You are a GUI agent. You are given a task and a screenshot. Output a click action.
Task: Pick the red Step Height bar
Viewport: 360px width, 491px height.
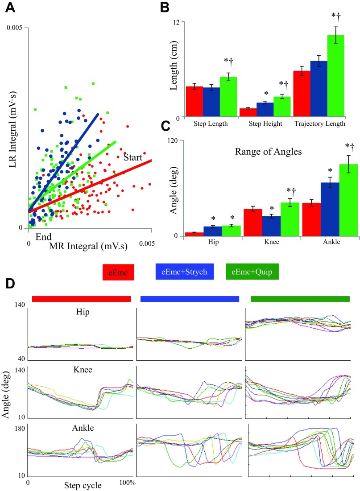tap(248, 112)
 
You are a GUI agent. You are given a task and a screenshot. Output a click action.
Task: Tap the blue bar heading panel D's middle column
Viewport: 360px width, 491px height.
tap(190, 299)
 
